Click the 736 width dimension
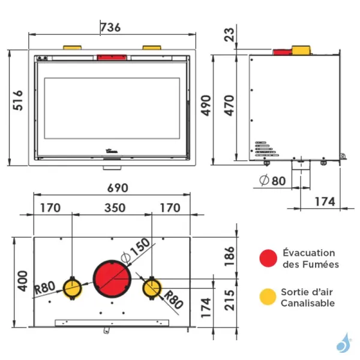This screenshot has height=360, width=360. pyautogui.click(x=110, y=27)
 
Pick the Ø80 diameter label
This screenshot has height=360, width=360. pyautogui.click(x=272, y=180)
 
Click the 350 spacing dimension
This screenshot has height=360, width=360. pyautogui.click(x=115, y=208)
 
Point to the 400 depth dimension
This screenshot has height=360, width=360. pyautogui.click(x=22, y=281)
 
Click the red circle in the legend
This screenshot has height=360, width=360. pyautogui.click(x=268, y=259)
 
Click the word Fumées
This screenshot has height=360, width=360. pyautogui.click(x=319, y=264)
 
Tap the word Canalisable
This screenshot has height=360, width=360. pyautogui.click(x=308, y=303)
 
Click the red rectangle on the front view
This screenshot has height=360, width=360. pyautogui.click(x=112, y=58)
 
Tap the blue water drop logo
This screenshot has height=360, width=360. pyautogui.click(x=343, y=343)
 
